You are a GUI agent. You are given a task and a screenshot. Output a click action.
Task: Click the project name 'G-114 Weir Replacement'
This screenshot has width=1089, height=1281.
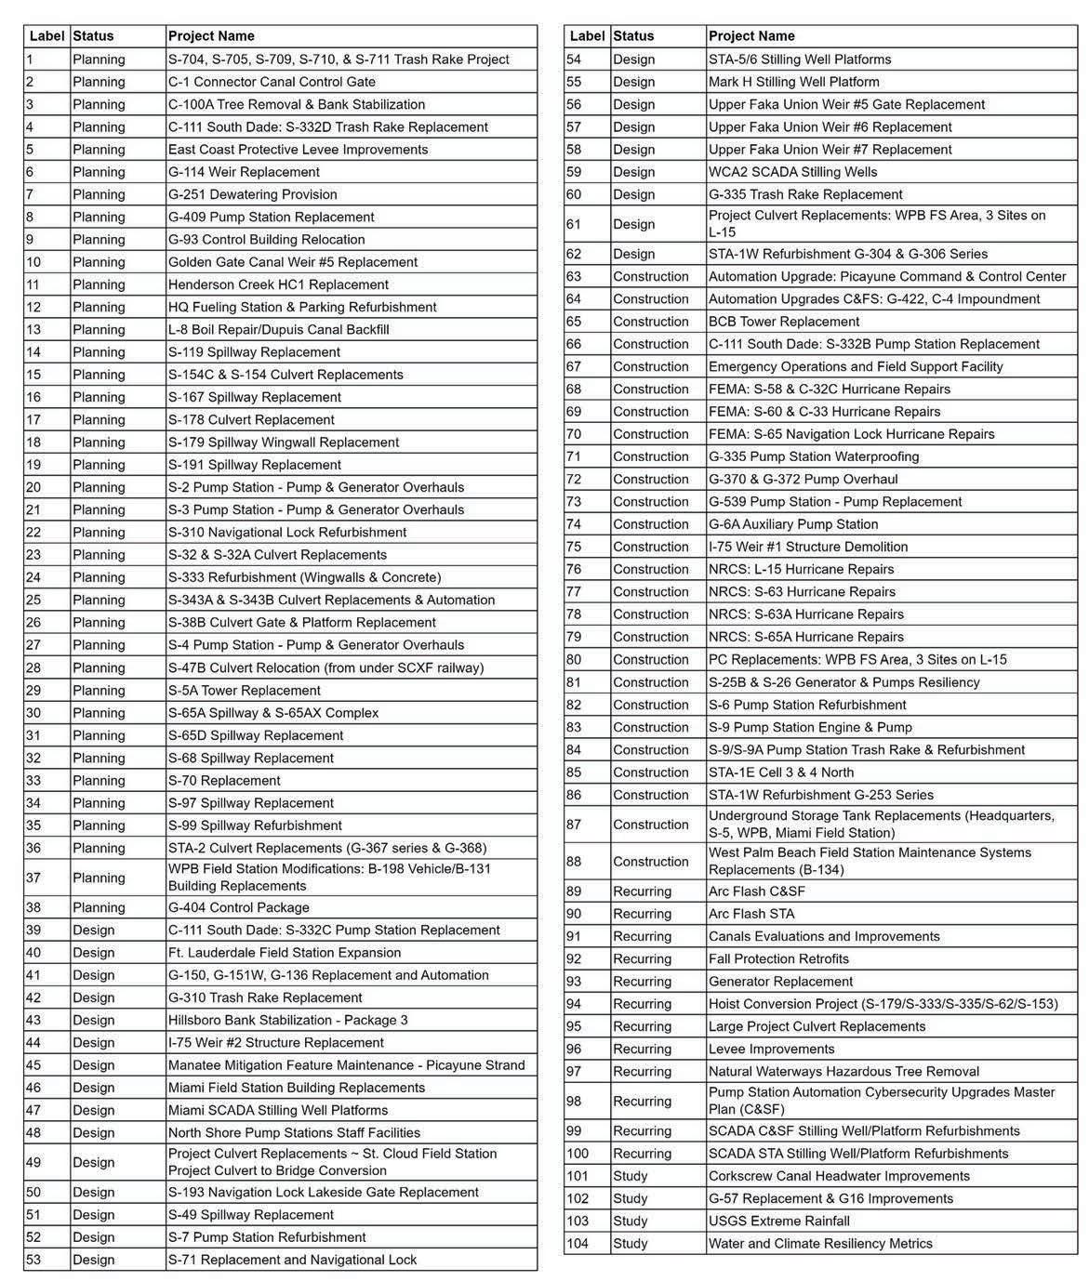pos(244,172)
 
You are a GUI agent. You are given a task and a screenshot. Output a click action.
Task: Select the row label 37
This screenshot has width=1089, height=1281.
pos(34,878)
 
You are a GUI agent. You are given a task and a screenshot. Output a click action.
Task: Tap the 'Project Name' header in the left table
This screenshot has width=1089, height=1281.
pos(211,36)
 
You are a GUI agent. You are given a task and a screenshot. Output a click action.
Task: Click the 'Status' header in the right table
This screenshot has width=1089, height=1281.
pos(633,36)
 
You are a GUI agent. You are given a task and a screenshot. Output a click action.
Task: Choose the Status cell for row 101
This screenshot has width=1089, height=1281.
pos(631,1176)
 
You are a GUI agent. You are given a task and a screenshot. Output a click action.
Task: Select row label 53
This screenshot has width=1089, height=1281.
pos(34,1260)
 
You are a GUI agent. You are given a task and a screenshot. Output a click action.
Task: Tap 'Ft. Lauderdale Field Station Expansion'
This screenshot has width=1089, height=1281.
pos(285,952)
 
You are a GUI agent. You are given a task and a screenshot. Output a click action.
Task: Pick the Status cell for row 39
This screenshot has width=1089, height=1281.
pos(94,930)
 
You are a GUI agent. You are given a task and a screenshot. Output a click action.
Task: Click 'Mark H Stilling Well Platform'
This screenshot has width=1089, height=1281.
pos(793,82)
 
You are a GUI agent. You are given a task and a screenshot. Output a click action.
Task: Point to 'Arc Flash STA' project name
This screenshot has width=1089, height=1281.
pos(751,914)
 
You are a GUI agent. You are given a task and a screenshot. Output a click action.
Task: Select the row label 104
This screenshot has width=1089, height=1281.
pos(578,1244)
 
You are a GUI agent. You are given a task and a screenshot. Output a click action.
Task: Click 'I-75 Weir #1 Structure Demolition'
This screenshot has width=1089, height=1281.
pos(808,547)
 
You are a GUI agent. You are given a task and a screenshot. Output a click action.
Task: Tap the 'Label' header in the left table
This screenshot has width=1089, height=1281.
pos(47,36)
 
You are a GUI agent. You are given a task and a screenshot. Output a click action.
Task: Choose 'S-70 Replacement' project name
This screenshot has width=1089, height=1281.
pos(224,781)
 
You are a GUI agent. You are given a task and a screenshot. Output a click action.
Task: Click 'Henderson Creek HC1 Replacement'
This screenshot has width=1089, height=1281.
pos(278,284)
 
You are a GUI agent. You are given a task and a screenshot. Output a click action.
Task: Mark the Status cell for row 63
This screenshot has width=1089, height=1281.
pos(651,276)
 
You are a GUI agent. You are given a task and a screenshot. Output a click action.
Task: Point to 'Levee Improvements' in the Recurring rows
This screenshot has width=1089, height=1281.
pos(772,1049)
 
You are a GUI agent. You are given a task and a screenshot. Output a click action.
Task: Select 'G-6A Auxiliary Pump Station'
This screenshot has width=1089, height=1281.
pos(793,524)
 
